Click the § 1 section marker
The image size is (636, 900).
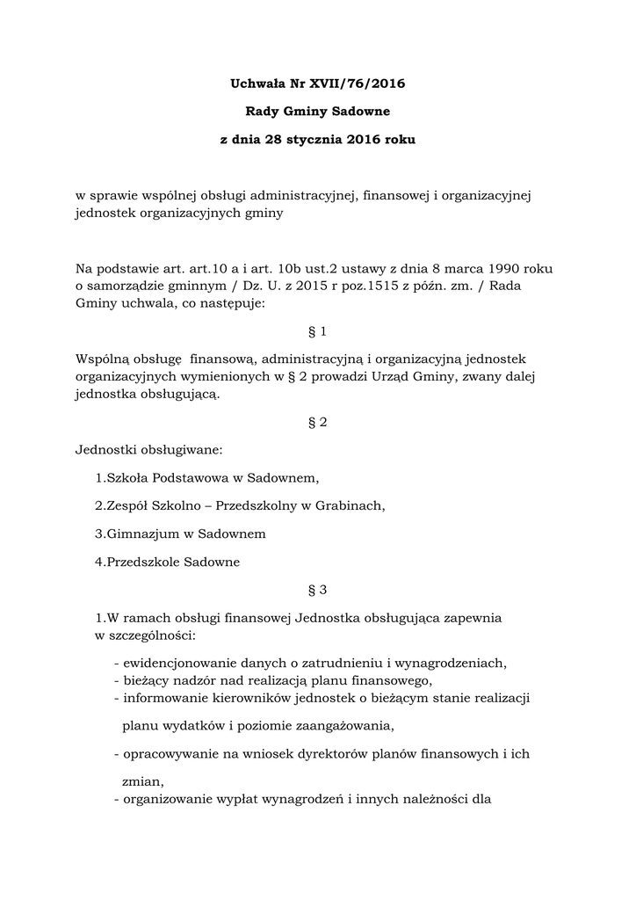(318, 332)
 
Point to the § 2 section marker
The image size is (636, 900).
(318, 422)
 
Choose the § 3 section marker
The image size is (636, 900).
(318, 590)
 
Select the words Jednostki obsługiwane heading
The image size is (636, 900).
(149, 451)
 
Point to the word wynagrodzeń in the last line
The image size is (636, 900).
(300, 800)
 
